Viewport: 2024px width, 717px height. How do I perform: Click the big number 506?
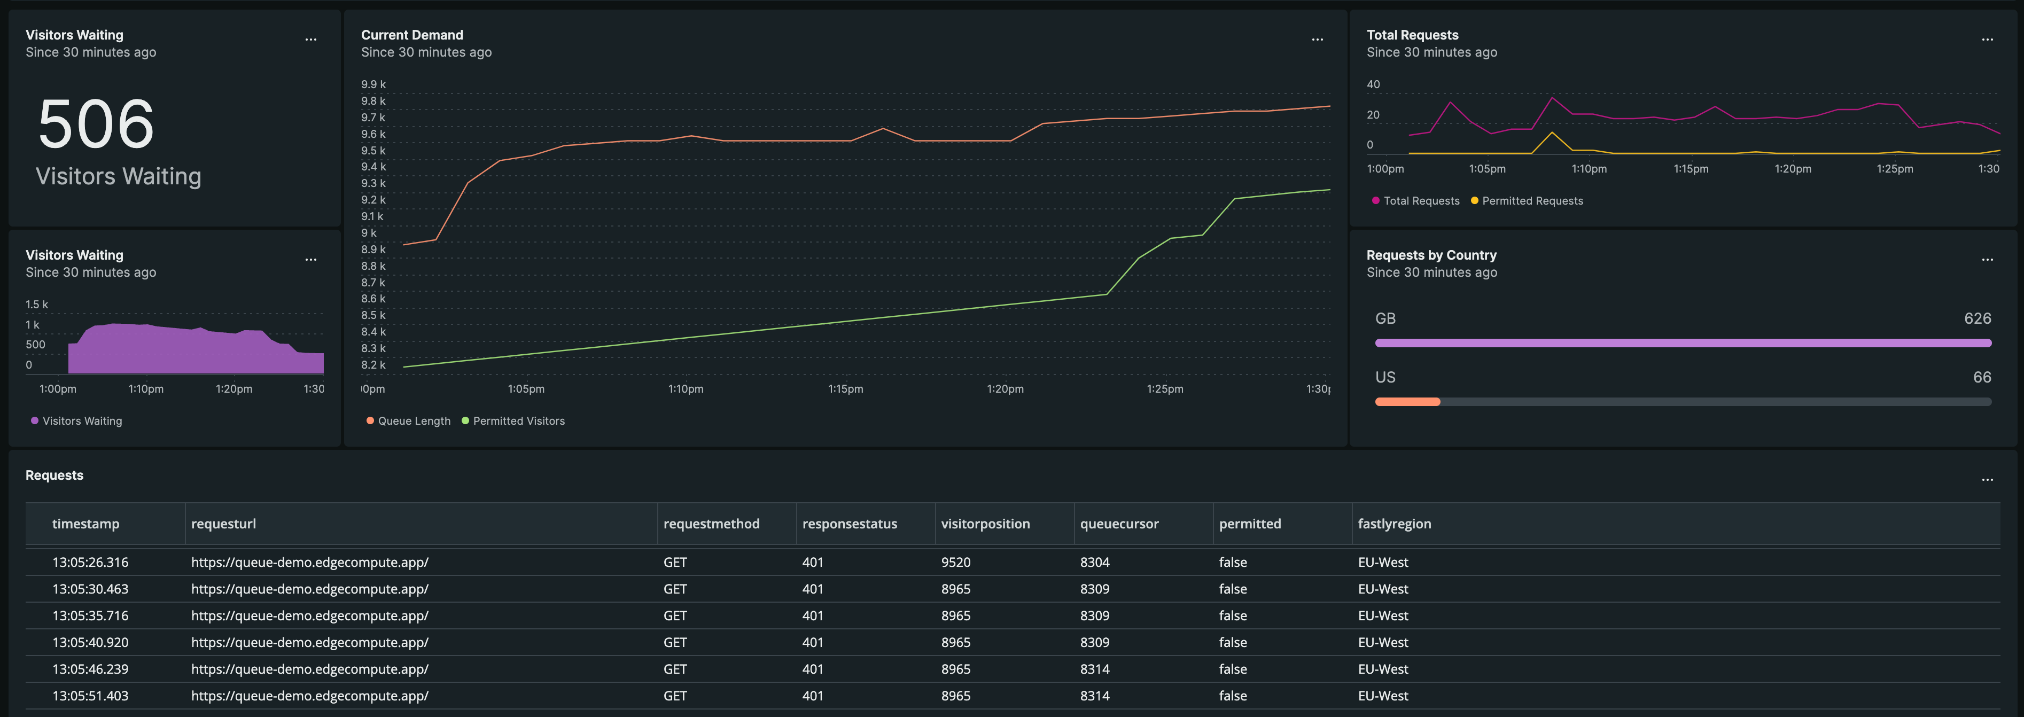coord(96,124)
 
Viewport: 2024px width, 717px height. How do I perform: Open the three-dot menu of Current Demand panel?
coord(1317,39)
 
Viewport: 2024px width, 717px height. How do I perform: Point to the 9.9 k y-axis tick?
coord(372,84)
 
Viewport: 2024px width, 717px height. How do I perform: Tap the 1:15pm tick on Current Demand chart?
coord(845,389)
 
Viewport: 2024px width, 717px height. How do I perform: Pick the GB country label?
coord(1384,318)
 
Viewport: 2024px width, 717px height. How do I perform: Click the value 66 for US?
coord(1982,377)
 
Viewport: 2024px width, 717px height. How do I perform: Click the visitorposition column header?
coord(985,524)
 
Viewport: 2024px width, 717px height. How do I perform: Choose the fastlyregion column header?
coord(1394,524)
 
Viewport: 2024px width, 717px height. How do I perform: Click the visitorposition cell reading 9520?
coord(955,562)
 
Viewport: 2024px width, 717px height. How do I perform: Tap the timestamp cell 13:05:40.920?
coord(90,642)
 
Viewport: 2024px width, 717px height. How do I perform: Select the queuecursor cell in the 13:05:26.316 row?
coord(1094,562)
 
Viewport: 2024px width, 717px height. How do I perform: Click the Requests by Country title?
coord(1431,255)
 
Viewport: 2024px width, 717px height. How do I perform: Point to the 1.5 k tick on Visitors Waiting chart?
coord(36,305)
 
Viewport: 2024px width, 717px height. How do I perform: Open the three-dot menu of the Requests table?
coord(1987,480)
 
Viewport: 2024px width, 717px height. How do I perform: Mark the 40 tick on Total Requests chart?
coord(1373,84)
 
